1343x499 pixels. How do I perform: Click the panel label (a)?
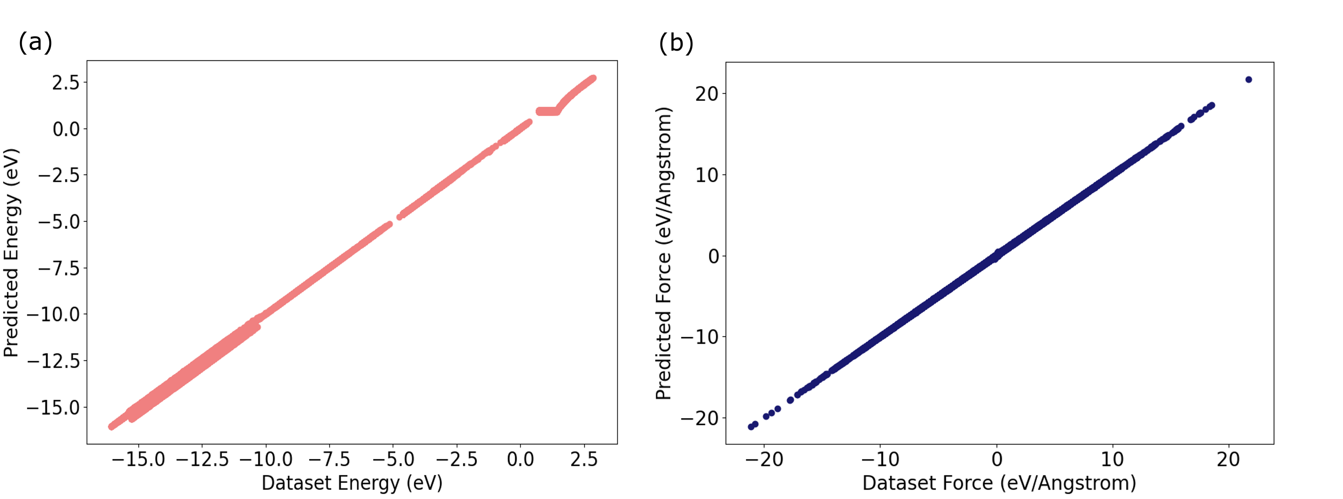click(x=36, y=42)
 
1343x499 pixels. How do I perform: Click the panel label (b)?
click(x=675, y=43)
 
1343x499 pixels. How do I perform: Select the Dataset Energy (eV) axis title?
click(x=352, y=483)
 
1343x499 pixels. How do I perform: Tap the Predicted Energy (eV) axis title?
click(x=12, y=253)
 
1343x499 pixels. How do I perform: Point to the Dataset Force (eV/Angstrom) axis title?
click(x=999, y=483)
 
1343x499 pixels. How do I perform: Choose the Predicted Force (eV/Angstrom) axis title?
click(x=663, y=253)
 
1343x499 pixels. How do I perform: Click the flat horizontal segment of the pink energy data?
click(x=548, y=111)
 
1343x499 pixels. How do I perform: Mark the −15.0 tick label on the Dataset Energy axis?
click(x=138, y=459)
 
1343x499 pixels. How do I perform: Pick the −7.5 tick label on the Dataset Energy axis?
click(x=330, y=459)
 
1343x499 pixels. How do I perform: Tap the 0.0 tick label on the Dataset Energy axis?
click(x=521, y=459)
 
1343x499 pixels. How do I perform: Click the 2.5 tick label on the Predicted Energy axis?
click(x=66, y=82)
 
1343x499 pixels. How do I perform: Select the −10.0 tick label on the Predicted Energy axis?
click(x=54, y=315)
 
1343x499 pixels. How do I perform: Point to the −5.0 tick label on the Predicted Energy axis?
click(x=60, y=222)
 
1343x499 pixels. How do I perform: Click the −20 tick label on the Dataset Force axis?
click(x=764, y=459)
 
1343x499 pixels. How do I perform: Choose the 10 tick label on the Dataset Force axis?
click(x=1113, y=459)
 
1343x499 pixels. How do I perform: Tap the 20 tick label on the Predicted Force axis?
click(x=707, y=94)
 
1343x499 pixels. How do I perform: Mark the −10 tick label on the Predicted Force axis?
click(x=701, y=337)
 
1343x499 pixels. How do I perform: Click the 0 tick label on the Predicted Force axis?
click(x=714, y=256)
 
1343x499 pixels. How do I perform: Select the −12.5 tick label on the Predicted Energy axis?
click(x=54, y=361)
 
